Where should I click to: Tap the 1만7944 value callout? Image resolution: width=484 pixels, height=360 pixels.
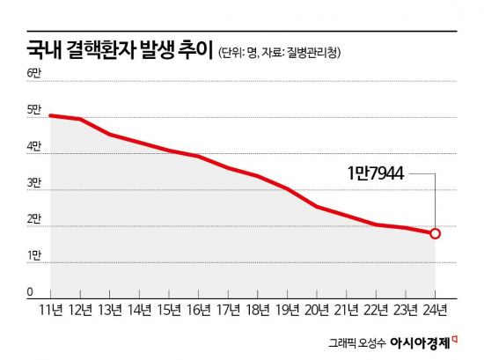click(376, 174)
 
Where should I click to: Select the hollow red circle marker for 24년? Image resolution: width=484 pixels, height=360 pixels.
click(435, 233)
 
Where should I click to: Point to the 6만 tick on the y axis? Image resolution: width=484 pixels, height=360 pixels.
click(34, 72)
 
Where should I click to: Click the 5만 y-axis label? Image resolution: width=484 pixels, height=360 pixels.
click(34, 110)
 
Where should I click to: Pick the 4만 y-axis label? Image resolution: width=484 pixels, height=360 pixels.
click(34, 146)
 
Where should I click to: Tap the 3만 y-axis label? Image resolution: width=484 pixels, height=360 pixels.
click(34, 183)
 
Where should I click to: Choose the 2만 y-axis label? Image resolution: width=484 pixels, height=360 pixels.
click(34, 219)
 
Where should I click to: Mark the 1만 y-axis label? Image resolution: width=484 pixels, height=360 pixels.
click(34, 255)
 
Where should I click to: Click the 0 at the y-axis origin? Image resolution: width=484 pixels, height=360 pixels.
click(29, 291)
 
